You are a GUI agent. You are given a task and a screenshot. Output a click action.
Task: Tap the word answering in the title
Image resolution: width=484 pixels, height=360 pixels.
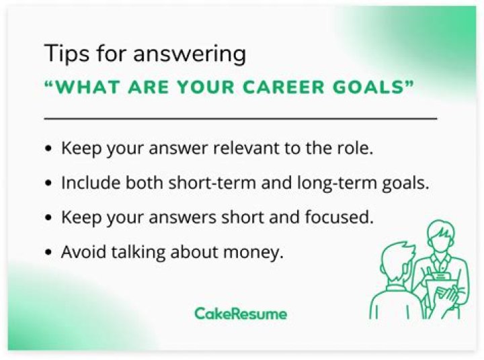189,54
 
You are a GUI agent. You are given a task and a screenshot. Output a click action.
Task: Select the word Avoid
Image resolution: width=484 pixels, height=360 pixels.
80,253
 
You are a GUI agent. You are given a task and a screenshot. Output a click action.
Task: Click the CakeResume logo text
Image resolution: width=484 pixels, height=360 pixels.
240,314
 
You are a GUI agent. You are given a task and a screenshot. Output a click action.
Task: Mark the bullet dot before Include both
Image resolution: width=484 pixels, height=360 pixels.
48,183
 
